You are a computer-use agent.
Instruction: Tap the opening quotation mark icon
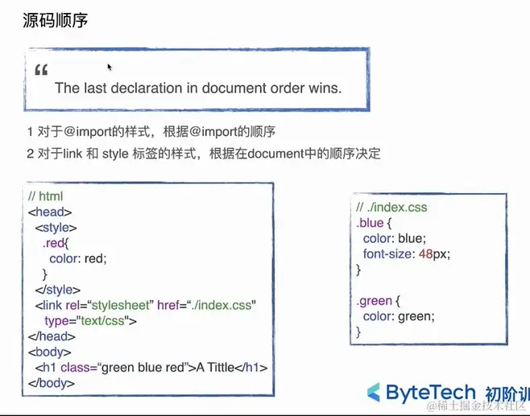tap(42, 71)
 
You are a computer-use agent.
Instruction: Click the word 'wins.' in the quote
tap(325, 89)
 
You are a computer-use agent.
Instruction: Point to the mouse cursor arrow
tap(110, 68)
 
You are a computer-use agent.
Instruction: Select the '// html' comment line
tap(45, 196)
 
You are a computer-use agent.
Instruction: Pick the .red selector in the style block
tap(55, 243)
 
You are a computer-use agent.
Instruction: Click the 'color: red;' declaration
tap(77, 258)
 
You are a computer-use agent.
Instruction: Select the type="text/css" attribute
tap(90, 320)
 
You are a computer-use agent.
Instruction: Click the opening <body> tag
tap(50, 352)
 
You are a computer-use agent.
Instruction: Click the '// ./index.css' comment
tap(391, 207)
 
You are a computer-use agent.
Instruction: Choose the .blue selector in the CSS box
tap(371, 223)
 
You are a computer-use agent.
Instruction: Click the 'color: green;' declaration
tap(399, 316)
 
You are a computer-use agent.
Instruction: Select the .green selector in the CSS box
tap(375, 301)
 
